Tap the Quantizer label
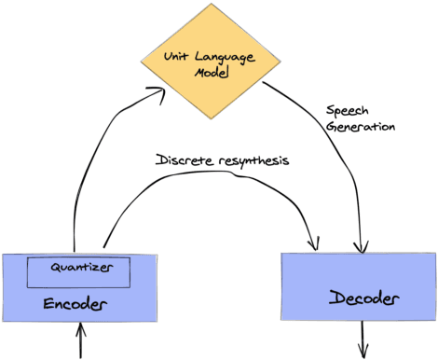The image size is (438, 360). point(76,268)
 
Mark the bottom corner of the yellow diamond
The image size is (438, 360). point(211,119)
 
